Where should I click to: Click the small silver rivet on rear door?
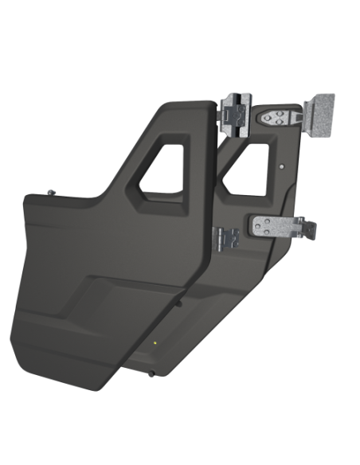tap(284, 167)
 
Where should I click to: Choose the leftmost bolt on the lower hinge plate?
tap(260, 225)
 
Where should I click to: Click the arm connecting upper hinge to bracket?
tap(302, 116)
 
